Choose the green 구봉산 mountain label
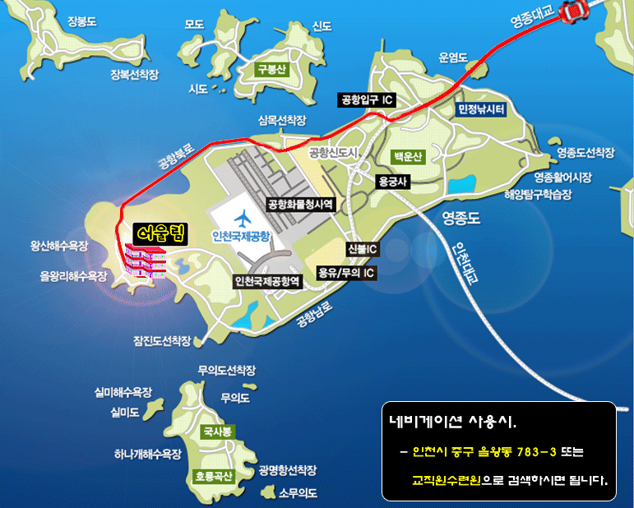[271, 70]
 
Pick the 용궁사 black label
[392, 182]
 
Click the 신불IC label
[362, 248]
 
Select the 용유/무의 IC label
[346, 272]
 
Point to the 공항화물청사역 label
[299, 203]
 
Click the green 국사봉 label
[220, 431]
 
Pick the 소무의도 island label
[298, 493]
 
